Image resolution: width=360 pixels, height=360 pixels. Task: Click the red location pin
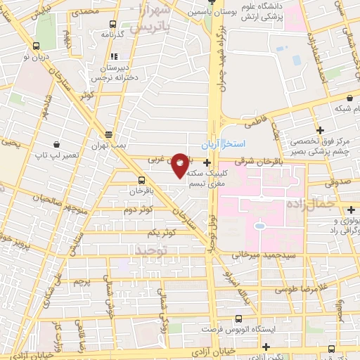[x=181, y=165]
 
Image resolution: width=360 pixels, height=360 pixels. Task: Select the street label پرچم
[x=83, y=282]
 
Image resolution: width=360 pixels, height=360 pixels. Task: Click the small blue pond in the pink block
[x=258, y=226]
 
